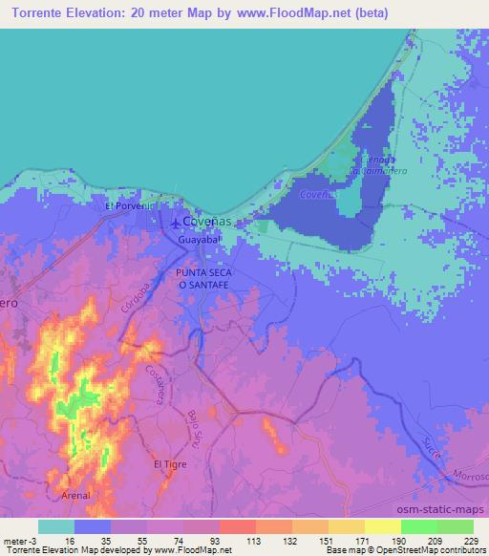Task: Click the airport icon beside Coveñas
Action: pos(174,225)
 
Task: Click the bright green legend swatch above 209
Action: pos(418,526)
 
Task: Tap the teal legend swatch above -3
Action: pos(56,526)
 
